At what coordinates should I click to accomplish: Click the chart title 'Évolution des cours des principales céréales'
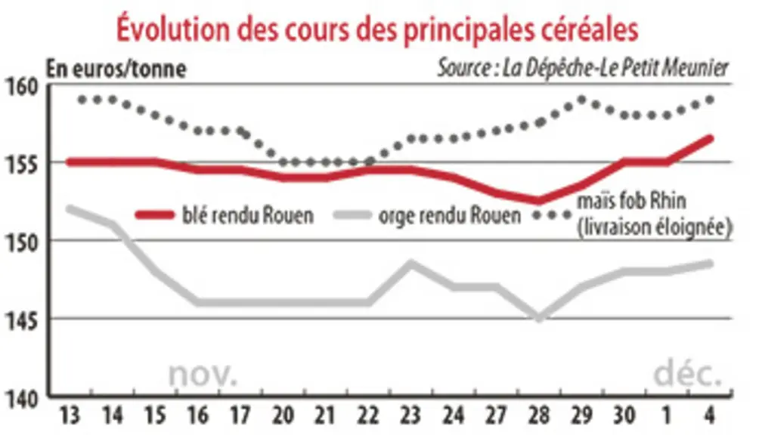376,29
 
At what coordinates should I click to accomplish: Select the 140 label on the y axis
22,400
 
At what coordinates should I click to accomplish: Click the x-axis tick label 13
70,416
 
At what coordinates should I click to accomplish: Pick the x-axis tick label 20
283,416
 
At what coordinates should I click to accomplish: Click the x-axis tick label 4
710,416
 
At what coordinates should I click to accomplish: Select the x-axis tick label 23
410,416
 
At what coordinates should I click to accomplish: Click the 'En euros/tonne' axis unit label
116,69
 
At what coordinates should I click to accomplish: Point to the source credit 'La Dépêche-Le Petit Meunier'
615,68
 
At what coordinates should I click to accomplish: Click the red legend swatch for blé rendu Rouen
154,215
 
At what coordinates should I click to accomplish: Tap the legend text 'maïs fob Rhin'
630,201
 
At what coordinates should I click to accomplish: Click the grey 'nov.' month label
203,375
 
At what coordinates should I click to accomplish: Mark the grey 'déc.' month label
686,373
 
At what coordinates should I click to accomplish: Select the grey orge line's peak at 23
411,264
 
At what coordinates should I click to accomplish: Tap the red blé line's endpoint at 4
710,139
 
